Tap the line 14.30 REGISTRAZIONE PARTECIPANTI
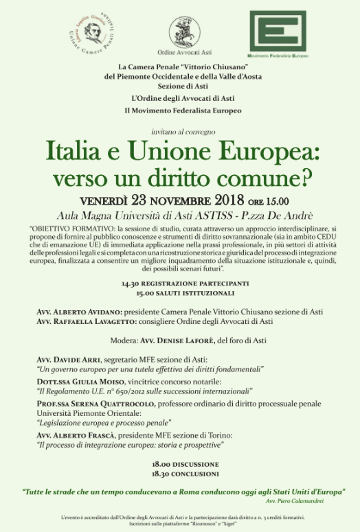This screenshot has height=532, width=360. (x=180, y=284)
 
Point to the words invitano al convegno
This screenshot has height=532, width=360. (x=180, y=130)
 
